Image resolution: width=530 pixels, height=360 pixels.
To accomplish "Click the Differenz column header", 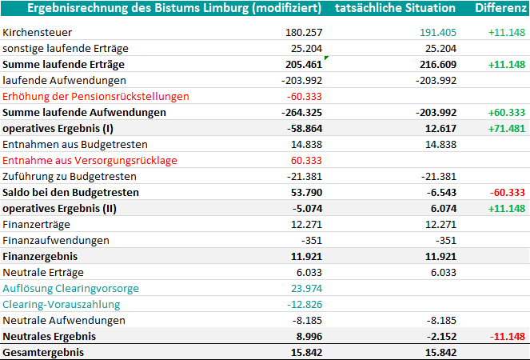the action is [500, 8].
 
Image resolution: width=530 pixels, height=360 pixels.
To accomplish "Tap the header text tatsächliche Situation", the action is [395, 8].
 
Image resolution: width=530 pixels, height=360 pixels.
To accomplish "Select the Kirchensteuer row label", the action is [38, 33].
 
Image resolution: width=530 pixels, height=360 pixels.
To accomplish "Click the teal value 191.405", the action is [438, 33].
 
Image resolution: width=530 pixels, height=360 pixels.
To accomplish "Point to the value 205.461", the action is [304, 64].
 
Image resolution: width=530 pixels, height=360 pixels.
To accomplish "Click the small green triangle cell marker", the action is [326, 58].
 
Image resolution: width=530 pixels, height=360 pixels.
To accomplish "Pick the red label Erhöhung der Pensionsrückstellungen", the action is [96, 97].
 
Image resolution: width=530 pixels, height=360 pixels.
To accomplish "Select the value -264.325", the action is [302, 112].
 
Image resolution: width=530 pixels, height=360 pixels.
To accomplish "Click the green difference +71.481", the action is [507, 129].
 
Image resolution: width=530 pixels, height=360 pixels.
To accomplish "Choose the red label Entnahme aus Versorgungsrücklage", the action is [90, 160].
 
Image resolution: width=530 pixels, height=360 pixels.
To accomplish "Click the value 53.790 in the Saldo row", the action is [307, 193].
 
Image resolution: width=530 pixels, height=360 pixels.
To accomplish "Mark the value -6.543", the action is [441, 193].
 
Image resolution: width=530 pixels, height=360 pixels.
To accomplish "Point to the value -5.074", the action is [307, 209].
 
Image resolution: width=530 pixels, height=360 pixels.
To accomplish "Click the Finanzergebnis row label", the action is [40, 257].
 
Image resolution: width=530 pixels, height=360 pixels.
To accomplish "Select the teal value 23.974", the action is [307, 288].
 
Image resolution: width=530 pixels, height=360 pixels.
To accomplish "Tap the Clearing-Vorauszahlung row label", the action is [62, 305].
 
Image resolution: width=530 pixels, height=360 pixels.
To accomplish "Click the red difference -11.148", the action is [508, 336].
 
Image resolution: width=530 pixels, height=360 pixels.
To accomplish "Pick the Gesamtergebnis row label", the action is [43, 353].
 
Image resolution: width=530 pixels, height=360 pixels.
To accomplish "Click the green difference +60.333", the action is [507, 112].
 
